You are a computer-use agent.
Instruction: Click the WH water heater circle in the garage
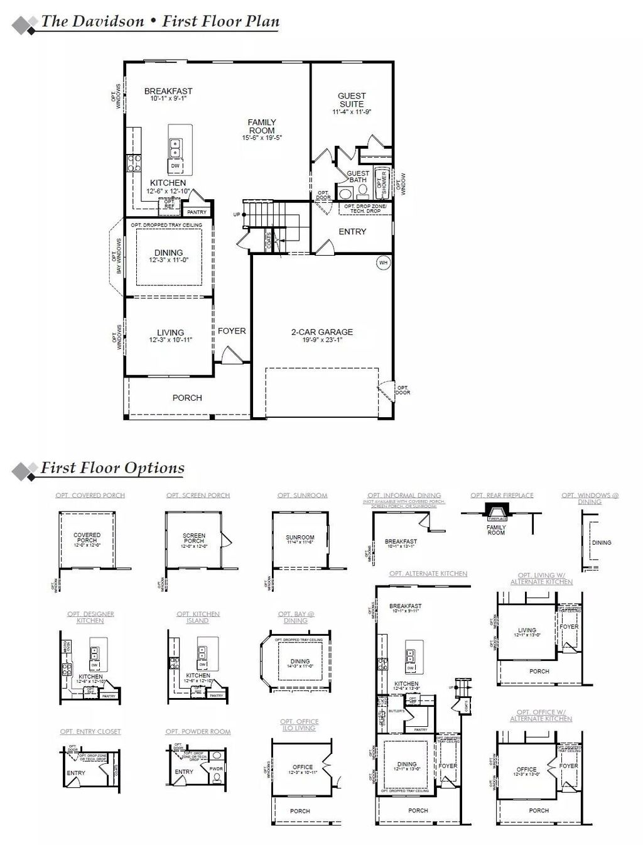point(383,263)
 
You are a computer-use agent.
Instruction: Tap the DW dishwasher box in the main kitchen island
point(175,166)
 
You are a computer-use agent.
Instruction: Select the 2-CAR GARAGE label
point(321,332)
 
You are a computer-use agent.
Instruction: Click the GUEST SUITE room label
point(352,100)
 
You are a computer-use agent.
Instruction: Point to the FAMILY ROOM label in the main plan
point(262,126)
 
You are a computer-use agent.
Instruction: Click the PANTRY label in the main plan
point(197,212)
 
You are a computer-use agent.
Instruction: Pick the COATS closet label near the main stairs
point(269,240)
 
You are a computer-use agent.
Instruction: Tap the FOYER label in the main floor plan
point(232,330)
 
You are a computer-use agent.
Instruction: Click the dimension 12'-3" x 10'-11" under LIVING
point(170,340)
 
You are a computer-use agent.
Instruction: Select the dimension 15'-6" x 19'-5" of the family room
point(262,138)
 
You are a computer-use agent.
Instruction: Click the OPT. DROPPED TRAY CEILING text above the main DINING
point(166,225)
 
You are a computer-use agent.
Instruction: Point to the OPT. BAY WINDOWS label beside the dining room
point(116,256)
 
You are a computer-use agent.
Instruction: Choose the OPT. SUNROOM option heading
point(302,496)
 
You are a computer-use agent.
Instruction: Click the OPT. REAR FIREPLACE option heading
point(502,496)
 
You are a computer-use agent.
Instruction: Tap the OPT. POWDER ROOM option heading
point(198,732)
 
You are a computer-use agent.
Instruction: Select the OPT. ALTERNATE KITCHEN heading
point(428,574)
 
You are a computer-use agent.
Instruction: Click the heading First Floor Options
point(112,468)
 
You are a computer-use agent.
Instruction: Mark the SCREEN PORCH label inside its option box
point(194,538)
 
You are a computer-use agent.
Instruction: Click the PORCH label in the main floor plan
point(187,398)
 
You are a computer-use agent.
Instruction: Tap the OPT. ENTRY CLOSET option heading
point(90,732)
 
